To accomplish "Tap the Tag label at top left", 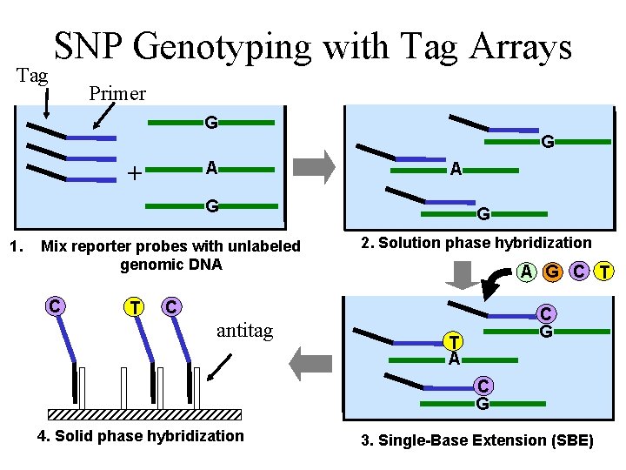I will pyautogui.click(x=33, y=76).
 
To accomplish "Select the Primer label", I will pyautogui.click(x=117, y=93).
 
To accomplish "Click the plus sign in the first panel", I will pyautogui.click(x=134, y=172).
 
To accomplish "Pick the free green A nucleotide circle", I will pyautogui.click(x=526, y=272).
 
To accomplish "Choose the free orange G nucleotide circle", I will pyautogui.click(x=552, y=272).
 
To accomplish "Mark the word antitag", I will pyautogui.click(x=244, y=332).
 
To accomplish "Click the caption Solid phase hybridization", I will pyautogui.click(x=141, y=436).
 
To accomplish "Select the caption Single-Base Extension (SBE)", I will pyautogui.click(x=476, y=441).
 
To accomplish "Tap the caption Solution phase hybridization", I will pyautogui.click(x=476, y=243).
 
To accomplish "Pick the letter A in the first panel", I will pyautogui.click(x=211, y=168).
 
